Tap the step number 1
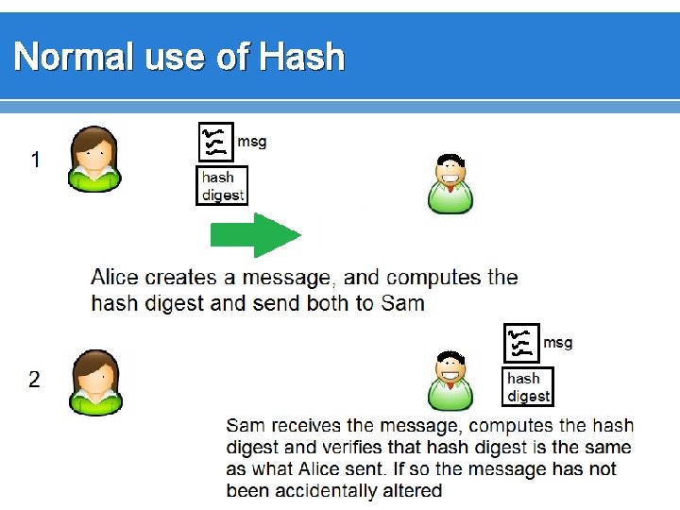(35, 161)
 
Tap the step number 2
(35, 380)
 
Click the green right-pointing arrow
(254, 235)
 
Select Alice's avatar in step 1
(94, 160)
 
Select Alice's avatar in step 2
(94, 382)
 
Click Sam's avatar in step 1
(450, 183)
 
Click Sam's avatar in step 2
(450, 381)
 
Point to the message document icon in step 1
(213, 142)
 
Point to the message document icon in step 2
(521, 344)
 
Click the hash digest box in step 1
(222, 185)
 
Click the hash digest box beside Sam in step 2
(529, 387)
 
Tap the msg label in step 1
(251, 142)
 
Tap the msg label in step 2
(557, 342)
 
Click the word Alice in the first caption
(114, 278)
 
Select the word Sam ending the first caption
(403, 303)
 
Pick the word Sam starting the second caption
(246, 426)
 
